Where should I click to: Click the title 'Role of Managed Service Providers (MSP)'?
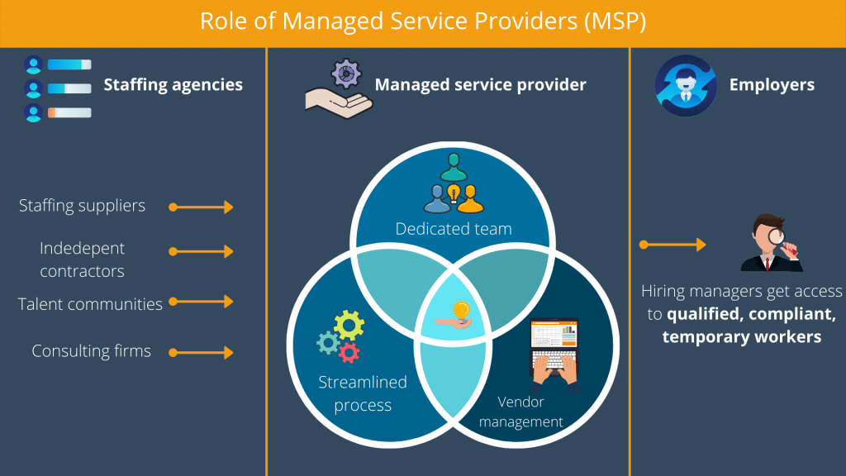(x=422, y=22)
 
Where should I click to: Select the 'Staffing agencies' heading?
(x=173, y=84)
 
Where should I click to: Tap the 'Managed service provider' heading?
(x=480, y=84)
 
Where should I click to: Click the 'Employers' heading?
(x=772, y=84)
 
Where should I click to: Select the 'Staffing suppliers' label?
(x=82, y=206)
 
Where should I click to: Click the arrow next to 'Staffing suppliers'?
(x=202, y=207)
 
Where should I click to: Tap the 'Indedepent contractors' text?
(x=82, y=259)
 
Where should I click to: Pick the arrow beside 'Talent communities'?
(x=202, y=303)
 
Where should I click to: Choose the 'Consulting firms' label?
(x=91, y=350)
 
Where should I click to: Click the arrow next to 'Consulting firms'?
(x=202, y=353)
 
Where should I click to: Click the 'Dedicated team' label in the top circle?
(x=453, y=229)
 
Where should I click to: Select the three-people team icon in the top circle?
(x=452, y=186)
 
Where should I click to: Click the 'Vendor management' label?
(x=520, y=412)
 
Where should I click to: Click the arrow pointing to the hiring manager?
(x=673, y=245)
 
